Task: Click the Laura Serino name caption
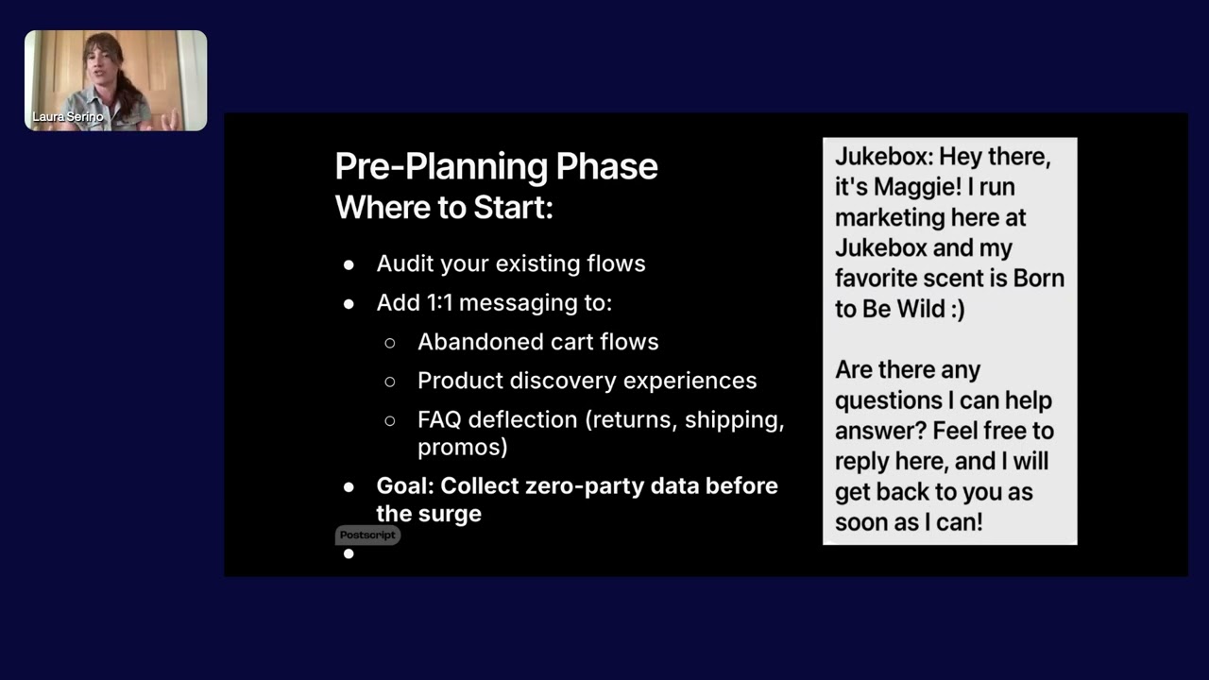67,116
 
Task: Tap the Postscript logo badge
367,535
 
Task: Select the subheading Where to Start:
444,207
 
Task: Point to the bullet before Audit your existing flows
349,265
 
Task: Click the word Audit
405,263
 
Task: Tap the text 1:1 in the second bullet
440,302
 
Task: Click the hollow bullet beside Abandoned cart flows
390,343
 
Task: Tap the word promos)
463,448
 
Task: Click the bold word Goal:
405,485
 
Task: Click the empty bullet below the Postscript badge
349,553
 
